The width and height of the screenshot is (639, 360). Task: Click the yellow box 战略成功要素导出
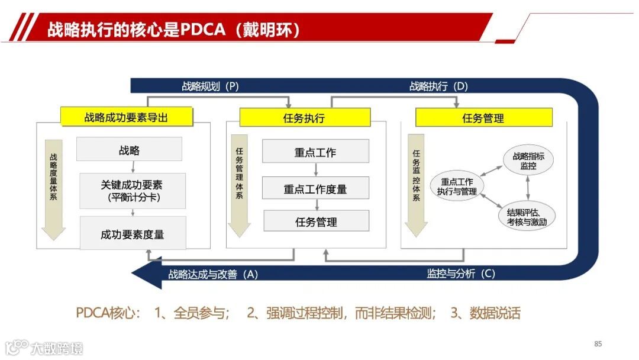point(127,117)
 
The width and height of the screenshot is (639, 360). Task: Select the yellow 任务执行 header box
point(304,117)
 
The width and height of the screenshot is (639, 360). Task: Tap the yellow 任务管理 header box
point(483,117)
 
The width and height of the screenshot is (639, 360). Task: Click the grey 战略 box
point(129,150)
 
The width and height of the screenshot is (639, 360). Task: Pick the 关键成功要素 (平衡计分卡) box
point(133,191)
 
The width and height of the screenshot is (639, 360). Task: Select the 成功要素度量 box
point(133,233)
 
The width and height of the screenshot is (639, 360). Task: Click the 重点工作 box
point(315,152)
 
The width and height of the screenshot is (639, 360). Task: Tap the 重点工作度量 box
point(315,188)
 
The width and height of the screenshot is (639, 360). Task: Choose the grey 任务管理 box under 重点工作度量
point(316,221)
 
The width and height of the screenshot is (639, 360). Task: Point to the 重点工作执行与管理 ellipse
point(456,186)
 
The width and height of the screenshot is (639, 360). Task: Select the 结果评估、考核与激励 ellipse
point(527,217)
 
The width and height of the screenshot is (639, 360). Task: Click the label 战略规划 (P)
point(210,86)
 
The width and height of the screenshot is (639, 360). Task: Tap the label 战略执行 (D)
point(438,86)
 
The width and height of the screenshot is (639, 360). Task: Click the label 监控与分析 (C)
point(461,274)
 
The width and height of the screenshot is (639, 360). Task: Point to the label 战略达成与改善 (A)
point(213,274)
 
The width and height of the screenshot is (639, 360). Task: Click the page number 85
point(598,344)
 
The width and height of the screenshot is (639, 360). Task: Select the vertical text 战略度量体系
point(53,178)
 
